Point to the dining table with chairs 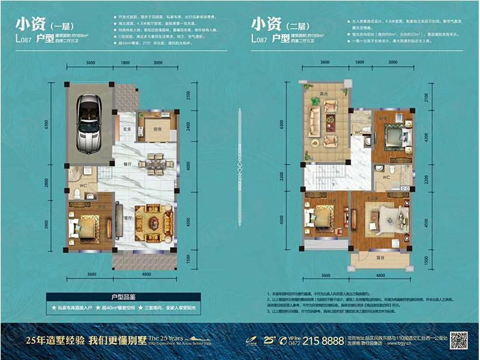click(x=155, y=163)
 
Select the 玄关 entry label click(x=127, y=128)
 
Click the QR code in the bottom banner click(x=459, y=340)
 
